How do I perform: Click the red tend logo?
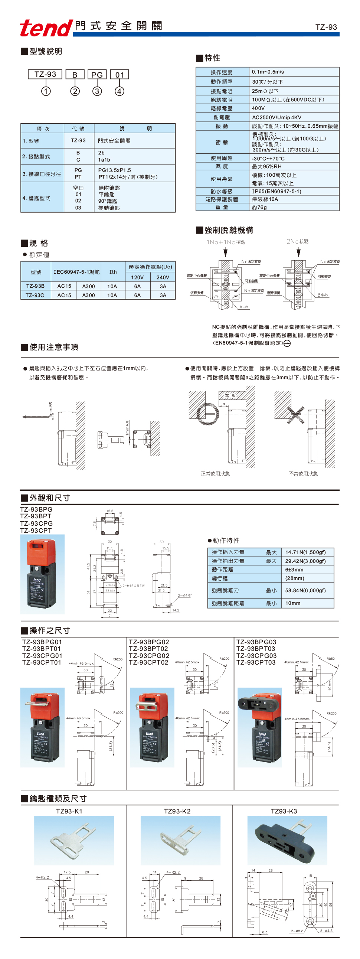(x=46, y=27)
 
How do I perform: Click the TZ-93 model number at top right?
(x=326, y=27)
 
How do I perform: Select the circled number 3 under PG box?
(x=97, y=91)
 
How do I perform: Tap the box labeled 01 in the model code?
(x=119, y=75)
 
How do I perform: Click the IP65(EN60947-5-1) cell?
(x=276, y=191)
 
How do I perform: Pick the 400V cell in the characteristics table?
(x=258, y=108)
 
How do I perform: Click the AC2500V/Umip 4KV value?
(x=276, y=117)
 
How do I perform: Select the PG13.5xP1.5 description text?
(x=114, y=170)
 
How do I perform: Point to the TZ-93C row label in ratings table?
(x=35, y=295)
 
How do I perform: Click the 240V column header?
(x=163, y=277)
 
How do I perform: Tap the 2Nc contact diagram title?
(x=297, y=241)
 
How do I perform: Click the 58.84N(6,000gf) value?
(x=305, y=590)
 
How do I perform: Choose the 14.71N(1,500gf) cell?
(x=305, y=552)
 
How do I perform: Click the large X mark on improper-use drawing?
(x=295, y=414)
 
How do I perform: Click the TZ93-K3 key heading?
(x=284, y=811)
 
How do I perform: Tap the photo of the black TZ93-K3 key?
(x=287, y=841)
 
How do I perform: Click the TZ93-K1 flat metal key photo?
(x=74, y=840)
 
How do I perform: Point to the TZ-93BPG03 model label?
(x=256, y=642)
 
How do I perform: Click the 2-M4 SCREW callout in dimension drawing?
(x=134, y=585)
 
